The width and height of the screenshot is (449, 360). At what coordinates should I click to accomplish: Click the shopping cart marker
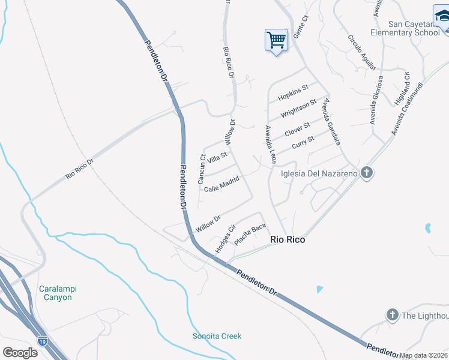[276, 41]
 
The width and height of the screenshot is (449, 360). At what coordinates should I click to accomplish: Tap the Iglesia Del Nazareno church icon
[367, 173]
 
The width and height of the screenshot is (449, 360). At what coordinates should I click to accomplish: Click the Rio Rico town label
[288, 239]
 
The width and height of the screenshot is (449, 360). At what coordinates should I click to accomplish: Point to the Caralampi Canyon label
[58, 293]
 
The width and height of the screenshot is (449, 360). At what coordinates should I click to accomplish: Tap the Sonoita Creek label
[217, 336]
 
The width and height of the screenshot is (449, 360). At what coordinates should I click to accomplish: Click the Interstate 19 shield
[42, 341]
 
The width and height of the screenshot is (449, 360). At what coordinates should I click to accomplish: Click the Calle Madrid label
[221, 184]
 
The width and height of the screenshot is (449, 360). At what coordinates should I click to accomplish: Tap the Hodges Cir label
[223, 239]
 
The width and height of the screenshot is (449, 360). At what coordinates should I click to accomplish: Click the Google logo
[20, 352]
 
